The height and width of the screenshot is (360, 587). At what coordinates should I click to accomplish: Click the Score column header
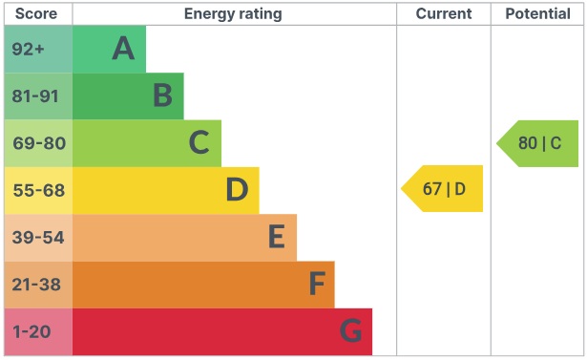point(37,13)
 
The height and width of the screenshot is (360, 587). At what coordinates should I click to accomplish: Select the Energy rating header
point(233,13)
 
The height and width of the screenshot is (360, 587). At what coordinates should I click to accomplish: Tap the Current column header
point(444,13)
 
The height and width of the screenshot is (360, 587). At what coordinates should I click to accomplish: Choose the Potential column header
point(538,13)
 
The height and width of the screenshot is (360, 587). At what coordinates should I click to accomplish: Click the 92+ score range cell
point(37,49)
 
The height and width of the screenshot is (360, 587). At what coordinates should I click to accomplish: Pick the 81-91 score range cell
point(37,95)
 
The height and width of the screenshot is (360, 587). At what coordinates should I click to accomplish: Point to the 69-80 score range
point(37,143)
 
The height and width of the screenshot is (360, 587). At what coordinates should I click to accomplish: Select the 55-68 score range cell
point(37,190)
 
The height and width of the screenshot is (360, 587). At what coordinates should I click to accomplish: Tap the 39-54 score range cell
point(37,237)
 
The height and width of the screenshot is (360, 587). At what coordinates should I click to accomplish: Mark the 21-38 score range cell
point(37,285)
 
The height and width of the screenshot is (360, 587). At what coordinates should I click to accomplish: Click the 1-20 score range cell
point(37,331)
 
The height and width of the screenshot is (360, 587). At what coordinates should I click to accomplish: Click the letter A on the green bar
point(123,49)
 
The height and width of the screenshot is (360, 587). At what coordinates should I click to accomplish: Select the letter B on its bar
point(162,95)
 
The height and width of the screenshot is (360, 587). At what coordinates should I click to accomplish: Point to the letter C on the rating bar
point(199,143)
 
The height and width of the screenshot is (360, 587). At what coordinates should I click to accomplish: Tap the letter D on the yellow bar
point(237,190)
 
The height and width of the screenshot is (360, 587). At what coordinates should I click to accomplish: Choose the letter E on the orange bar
point(276,237)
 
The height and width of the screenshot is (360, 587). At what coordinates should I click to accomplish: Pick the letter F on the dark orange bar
point(316,285)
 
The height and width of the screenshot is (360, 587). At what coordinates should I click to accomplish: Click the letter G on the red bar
point(350,331)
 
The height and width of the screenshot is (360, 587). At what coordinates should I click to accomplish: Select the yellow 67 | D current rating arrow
point(443,188)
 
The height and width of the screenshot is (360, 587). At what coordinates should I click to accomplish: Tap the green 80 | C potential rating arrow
point(538,143)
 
